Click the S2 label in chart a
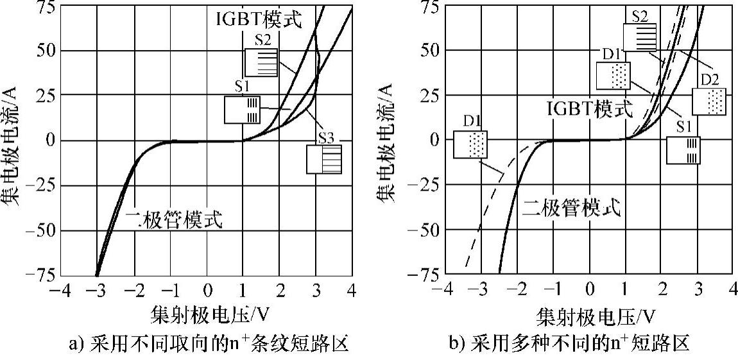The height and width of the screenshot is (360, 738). click(x=262, y=40)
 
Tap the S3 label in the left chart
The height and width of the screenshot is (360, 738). click(x=325, y=137)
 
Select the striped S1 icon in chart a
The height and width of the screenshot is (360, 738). click(x=243, y=109)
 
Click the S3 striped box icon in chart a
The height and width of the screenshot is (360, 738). click(x=323, y=159)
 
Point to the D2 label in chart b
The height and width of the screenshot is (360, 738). click(x=709, y=80)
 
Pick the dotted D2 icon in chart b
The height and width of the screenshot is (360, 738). click(x=708, y=101)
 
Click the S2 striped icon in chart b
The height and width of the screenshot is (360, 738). click(x=640, y=37)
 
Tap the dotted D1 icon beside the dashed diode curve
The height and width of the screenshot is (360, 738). click(x=470, y=144)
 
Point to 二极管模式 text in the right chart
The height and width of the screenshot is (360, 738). click(x=572, y=207)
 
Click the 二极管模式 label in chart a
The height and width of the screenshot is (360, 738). click(x=175, y=220)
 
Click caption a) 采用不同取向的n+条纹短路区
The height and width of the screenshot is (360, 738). click(x=208, y=343)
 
